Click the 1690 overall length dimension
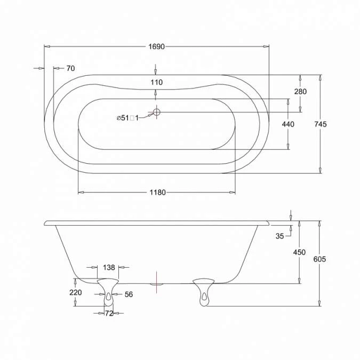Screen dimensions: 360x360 [x=156, y=47]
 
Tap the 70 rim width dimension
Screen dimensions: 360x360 [x=70, y=68]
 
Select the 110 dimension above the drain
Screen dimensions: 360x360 [x=156, y=82]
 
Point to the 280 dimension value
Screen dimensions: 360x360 [x=300, y=92]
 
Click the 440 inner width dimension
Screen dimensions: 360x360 [x=288, y=124]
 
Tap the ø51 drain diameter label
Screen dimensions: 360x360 [x=127, y=118]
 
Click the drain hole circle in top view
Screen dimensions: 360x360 [x=156, y=113]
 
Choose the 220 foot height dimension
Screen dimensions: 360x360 [x=75, y=292]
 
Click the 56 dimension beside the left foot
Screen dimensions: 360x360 [x=128, y=294]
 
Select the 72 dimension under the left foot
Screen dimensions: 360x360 [x=109, y=314]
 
